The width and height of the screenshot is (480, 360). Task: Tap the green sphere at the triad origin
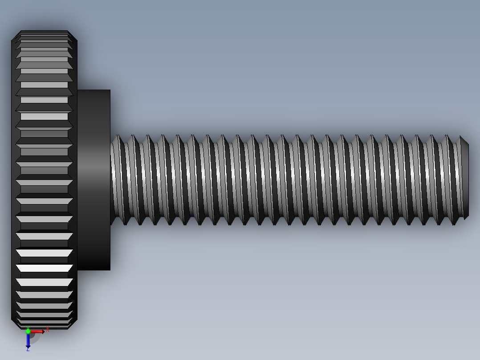(x=28, y=331)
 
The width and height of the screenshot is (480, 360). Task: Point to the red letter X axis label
(x=47, y=330)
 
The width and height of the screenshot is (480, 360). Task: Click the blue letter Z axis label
(x=28, y=349)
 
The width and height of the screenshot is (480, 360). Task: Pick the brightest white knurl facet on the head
(x=44, y=268)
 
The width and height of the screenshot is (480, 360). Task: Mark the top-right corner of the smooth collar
(x=110, y=90)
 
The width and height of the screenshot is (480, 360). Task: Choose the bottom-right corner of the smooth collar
(x=110, y=270)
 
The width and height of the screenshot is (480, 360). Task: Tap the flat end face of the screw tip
(x=468, y=180)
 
